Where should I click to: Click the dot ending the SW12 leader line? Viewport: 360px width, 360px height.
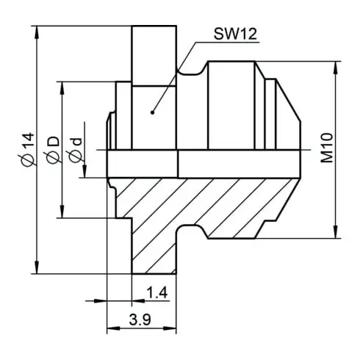pos(151,112)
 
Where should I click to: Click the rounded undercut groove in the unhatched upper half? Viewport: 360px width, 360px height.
pos(192,71)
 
